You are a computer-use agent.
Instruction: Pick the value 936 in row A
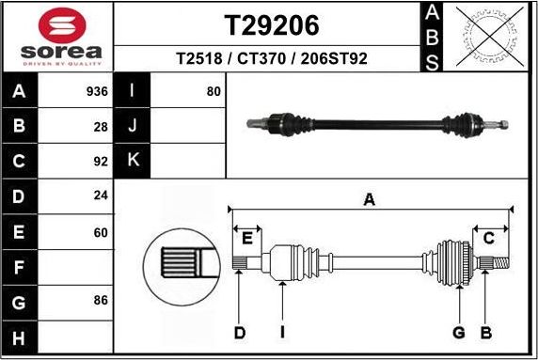click(x=98, y=92)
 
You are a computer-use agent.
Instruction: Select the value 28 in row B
click(x=102, y=126)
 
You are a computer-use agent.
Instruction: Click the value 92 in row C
click(x=102, y=161)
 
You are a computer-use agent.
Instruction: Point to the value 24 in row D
click(x=102, y=196)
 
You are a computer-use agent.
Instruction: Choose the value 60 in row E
click(x=102, y=230)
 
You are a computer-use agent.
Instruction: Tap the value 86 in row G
click(x=102, y=300)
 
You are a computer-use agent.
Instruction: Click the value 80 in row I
click(x=213, y=92)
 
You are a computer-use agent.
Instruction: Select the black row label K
click(x=132, y=161)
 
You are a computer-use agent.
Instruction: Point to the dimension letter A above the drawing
click(x=370, y=198)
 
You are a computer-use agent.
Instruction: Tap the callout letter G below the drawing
click(x=459, y=333)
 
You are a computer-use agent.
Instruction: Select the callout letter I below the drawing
click(x=282, y=333)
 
